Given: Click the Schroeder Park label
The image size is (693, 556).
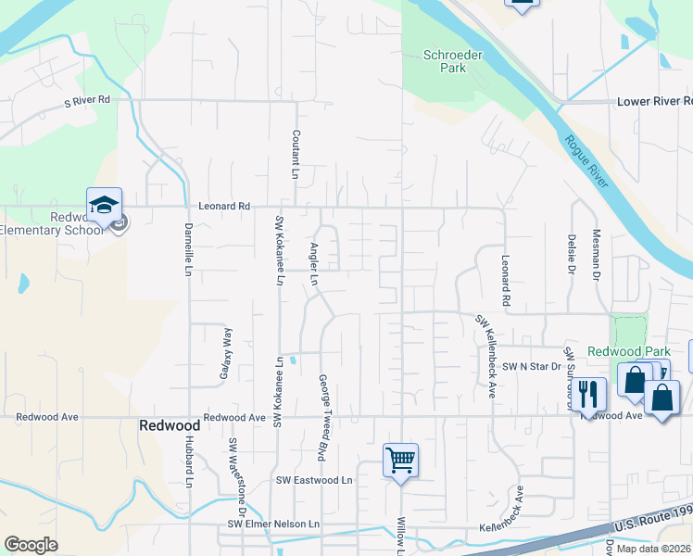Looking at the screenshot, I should point(453,61).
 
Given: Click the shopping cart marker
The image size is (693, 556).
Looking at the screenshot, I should point(400,459).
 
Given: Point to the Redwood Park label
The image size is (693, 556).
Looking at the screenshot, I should point(628,352).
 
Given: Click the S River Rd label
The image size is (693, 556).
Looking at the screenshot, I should point(87,100).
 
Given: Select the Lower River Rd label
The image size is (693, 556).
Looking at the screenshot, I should point(654,100).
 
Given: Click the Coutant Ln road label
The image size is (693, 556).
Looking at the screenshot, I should point(296,153).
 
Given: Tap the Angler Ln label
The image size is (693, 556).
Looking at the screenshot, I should point(314,264).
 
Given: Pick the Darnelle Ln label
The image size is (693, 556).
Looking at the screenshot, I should point(188,249).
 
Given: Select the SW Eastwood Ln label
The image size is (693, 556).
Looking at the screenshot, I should point(315,480).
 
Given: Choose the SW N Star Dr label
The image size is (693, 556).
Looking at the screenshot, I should point(532,367).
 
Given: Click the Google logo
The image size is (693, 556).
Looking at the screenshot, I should point(31,544).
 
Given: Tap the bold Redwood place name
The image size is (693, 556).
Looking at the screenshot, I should point(170,425).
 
